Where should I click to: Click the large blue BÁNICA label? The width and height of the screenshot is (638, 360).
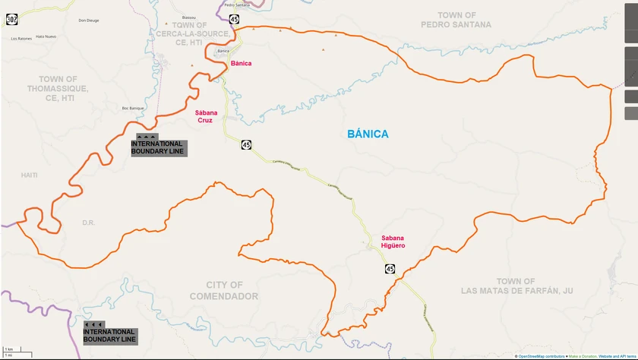point(368,134)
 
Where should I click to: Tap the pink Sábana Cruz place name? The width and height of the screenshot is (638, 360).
point(204,116)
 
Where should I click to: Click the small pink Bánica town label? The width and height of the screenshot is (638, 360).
point(242,64)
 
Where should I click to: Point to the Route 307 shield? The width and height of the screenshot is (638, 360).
point(11,19)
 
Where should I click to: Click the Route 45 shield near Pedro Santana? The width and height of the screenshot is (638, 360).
point(234,19)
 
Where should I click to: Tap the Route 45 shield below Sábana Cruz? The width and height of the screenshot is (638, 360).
point(246,144)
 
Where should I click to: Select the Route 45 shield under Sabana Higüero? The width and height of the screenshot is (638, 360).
point(390,269)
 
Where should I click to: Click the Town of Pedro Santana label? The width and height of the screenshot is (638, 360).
point(456,20)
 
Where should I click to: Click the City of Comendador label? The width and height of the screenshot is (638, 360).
point(224,291)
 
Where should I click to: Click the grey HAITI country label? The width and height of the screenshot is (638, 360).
point(29,175)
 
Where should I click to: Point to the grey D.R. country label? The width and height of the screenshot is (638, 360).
point(88,223)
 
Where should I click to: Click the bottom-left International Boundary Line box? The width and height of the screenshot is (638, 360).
point(109,335)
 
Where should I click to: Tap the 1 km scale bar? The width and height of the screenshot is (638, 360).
point(15,351)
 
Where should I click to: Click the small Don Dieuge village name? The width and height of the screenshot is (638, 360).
point(89,21)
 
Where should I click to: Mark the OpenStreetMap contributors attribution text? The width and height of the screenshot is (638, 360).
point(545,356)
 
